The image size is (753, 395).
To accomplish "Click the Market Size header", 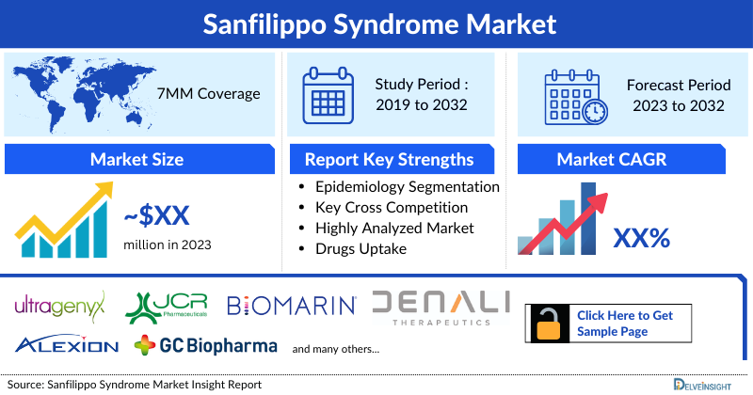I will tap(136, 159).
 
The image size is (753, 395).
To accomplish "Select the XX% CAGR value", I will tap(641, 238).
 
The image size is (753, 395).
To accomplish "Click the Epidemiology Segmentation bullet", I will tap(407, 187).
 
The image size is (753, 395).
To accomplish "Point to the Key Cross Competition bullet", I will tap(391, 208).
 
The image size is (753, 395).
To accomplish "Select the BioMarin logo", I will tap(291, 305).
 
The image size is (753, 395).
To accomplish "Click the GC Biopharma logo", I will tap(206, 345).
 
